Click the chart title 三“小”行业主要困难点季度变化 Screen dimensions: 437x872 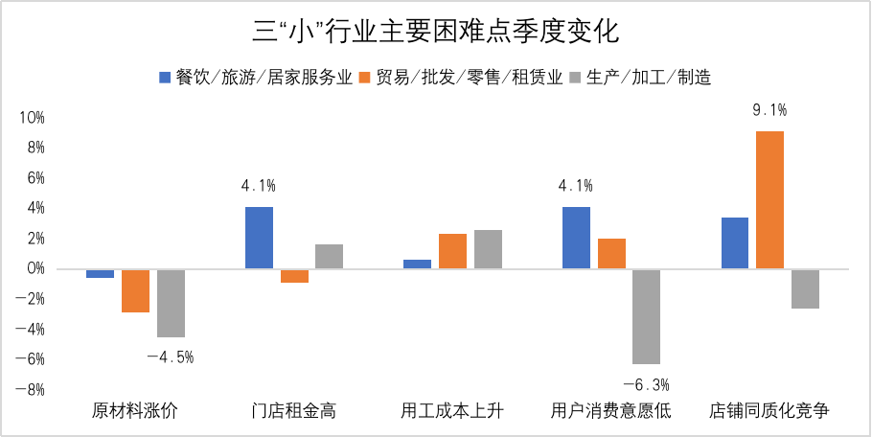point(436,31)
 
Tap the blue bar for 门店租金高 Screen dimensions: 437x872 point(259,238)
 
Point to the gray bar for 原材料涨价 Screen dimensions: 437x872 point(171,303)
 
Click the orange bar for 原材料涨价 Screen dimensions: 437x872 point(135,290)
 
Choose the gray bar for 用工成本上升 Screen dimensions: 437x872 point(488,249)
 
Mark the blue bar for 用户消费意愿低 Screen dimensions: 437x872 point(576,238)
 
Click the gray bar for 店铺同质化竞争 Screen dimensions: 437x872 point(805,288)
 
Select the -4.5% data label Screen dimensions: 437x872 point(171,357)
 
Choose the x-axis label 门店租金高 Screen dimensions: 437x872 point(293,412)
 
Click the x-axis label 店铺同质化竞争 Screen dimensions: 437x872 point(769,412)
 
